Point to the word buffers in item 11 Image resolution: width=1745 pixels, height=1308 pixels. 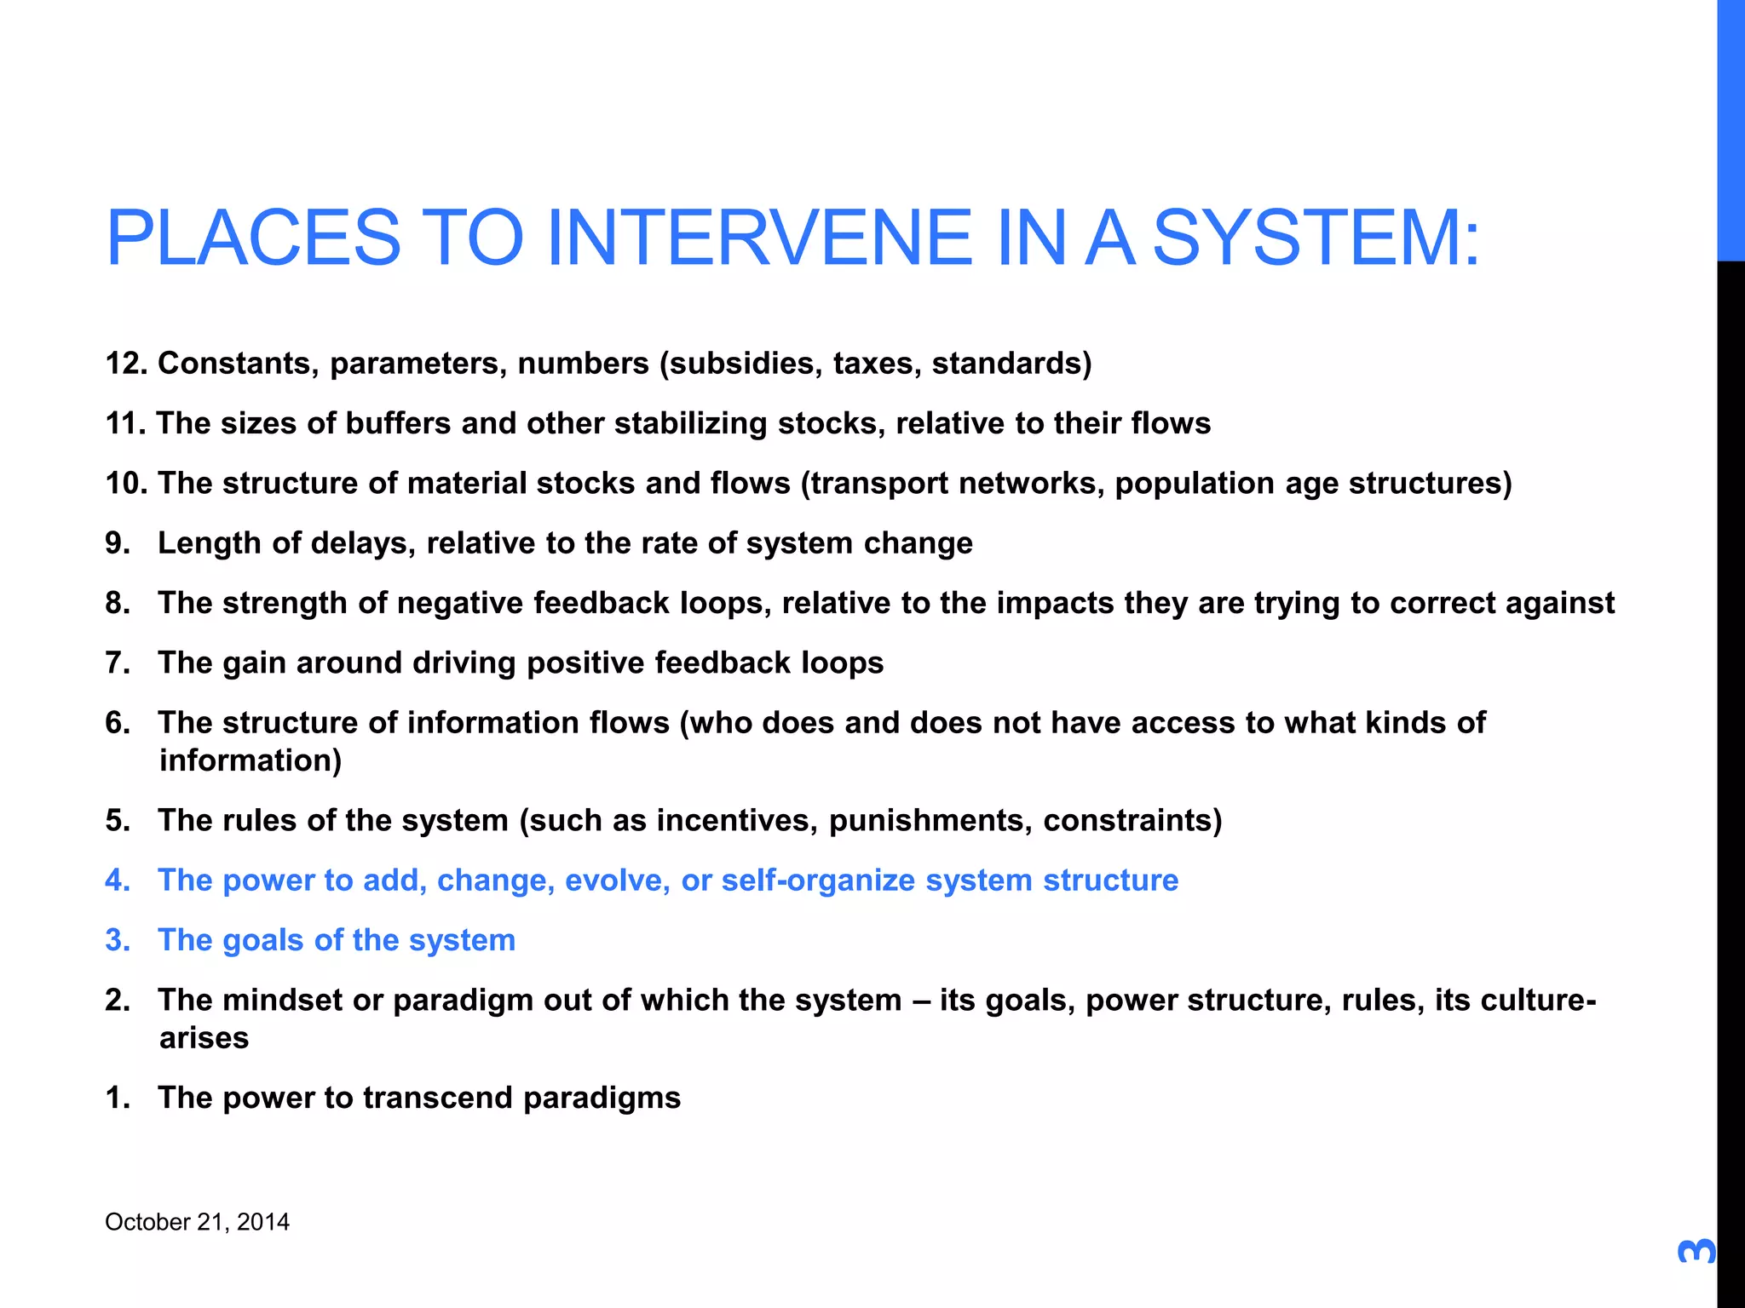[397, 423]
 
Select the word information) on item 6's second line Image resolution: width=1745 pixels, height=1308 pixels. [251, 760]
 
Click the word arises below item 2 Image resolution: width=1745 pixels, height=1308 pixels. [204, 1038]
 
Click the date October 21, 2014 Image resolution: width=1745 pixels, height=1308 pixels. [197, 1222]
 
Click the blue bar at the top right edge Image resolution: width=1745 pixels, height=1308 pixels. [1731, 128]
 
